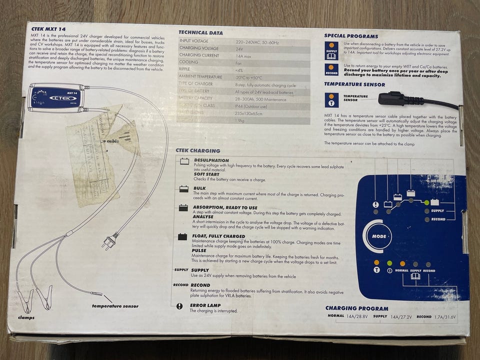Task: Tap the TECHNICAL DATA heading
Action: (200, 32)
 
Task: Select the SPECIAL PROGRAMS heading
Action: (351, 36)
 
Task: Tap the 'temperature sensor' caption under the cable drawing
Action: (115, 305)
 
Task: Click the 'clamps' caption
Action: (25, 317)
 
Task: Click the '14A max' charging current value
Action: (244, 55)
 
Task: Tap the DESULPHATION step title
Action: (211, 160)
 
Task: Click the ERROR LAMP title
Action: (206, 304)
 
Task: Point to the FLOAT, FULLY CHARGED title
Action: (218, 236)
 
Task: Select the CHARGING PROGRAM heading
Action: (355, 308)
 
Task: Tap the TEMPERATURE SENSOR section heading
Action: (354, 84)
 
